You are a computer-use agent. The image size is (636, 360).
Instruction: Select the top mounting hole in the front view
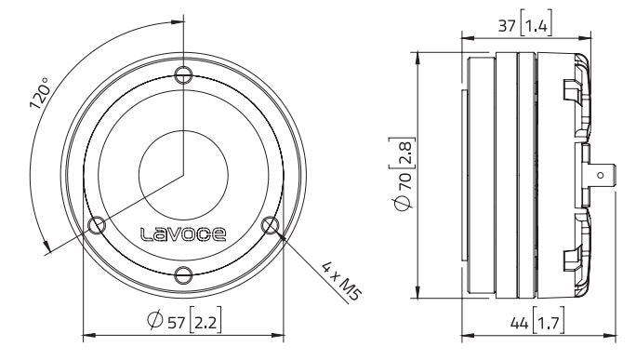(x=185, y=74)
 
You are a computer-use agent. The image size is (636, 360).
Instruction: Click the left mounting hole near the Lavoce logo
(x=96, y=224)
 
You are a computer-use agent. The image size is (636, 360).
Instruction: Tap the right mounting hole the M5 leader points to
(x=272, y=224)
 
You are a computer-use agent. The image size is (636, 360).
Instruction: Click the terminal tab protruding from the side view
(x=603, y=173)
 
